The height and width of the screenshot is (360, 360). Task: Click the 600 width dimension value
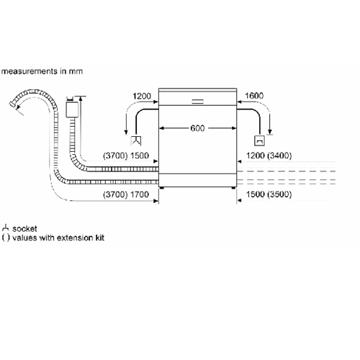[x=197, y=128]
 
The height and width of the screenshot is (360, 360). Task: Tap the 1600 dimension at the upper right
[x=254, y=96]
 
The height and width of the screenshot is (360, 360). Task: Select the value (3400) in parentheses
[x=279, y=156]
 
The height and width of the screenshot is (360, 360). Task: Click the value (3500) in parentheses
[x=279, y=194]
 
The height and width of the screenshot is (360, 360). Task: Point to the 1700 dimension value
[x=140, y=194]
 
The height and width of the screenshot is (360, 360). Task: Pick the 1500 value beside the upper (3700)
[x=140, y=156]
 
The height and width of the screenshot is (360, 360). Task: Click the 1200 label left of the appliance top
[x=142, y=96]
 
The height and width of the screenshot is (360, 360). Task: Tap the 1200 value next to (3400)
[x=255, y=156]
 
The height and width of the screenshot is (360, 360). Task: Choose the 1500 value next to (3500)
[x=255, y=194]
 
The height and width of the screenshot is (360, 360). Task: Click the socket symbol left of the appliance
[x=136, y=140]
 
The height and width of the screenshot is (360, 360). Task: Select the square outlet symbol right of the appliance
[x=259, y=140]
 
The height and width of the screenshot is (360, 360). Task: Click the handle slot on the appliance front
[x=198, y=102]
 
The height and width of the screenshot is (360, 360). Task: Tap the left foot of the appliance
[x=162, y=188]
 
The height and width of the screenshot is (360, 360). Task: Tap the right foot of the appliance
[x=233, y=188]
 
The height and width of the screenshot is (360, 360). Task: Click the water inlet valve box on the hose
[x=72, y=109]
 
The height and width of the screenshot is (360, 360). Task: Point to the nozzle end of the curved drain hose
[x=13, y=105]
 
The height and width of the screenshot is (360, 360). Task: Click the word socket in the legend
[x=24, y=229]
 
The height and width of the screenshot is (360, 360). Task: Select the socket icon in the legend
[x=5, y=228]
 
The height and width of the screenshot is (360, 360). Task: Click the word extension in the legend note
[x=75, y=238]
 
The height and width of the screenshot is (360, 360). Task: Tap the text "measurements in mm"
[x=42, y=71]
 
